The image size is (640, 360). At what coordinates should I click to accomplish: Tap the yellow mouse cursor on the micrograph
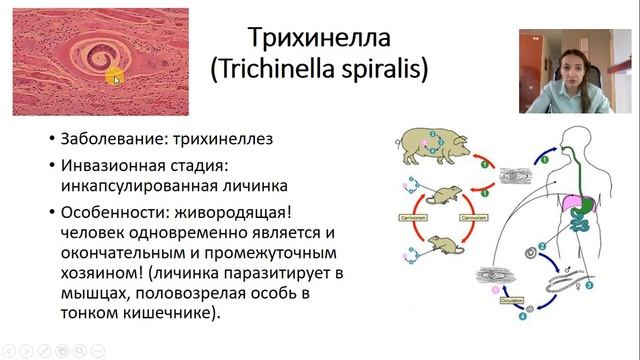click(x=116, y=78)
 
